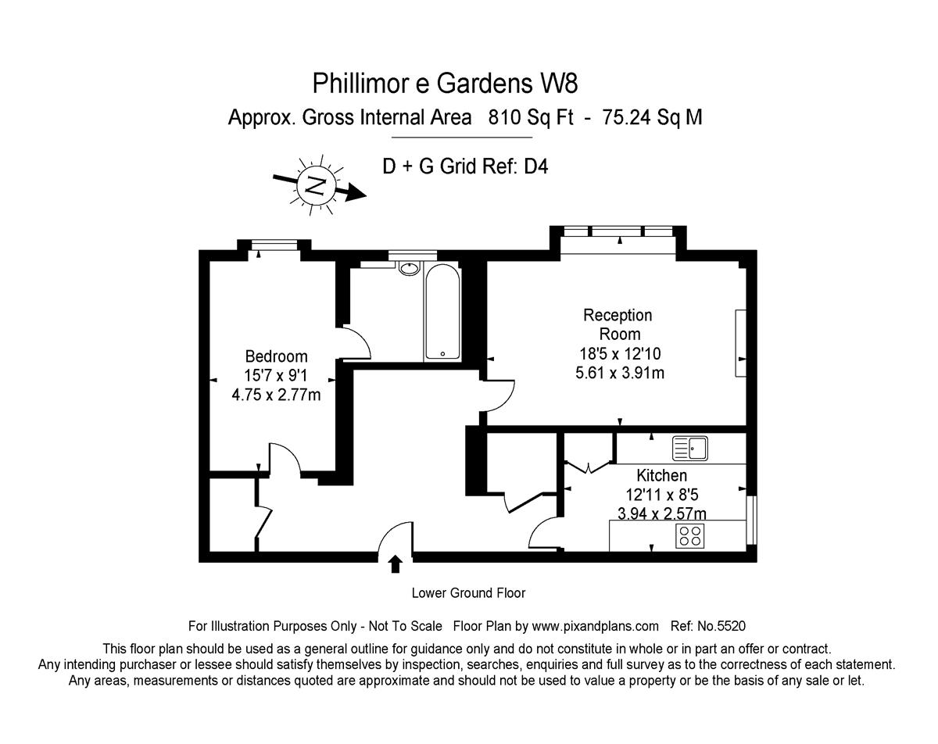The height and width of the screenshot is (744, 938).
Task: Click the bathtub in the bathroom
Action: (x=442, y=312)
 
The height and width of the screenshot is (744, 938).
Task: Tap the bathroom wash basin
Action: (x=410, y=269)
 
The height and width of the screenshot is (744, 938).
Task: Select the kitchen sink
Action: (x=690, y=449)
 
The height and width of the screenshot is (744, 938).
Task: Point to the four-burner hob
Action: (x=690, y=536)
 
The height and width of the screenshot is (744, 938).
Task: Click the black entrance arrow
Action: (x=396, y=564)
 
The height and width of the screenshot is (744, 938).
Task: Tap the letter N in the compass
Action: (x=316, y=186)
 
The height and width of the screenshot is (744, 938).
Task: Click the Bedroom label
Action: (x=277, y=356)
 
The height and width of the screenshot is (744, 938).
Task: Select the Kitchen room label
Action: (x=661, y=475)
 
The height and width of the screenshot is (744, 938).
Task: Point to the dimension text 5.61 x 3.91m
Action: (x=620, y=373)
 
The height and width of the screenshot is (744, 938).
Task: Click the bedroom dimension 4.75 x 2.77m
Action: (x=277, y=395)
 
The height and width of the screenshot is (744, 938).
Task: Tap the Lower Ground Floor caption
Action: (x=468, y=592)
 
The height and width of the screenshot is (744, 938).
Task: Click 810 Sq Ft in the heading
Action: (x=531, y=117)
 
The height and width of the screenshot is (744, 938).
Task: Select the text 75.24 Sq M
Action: (x=652, y=117)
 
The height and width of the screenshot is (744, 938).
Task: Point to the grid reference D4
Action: (x=535, y=166)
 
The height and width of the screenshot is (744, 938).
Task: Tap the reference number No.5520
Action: (x=721, y=626)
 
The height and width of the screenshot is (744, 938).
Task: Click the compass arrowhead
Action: (x=355, y=192)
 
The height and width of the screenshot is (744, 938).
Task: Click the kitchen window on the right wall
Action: (x=751, y=520)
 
